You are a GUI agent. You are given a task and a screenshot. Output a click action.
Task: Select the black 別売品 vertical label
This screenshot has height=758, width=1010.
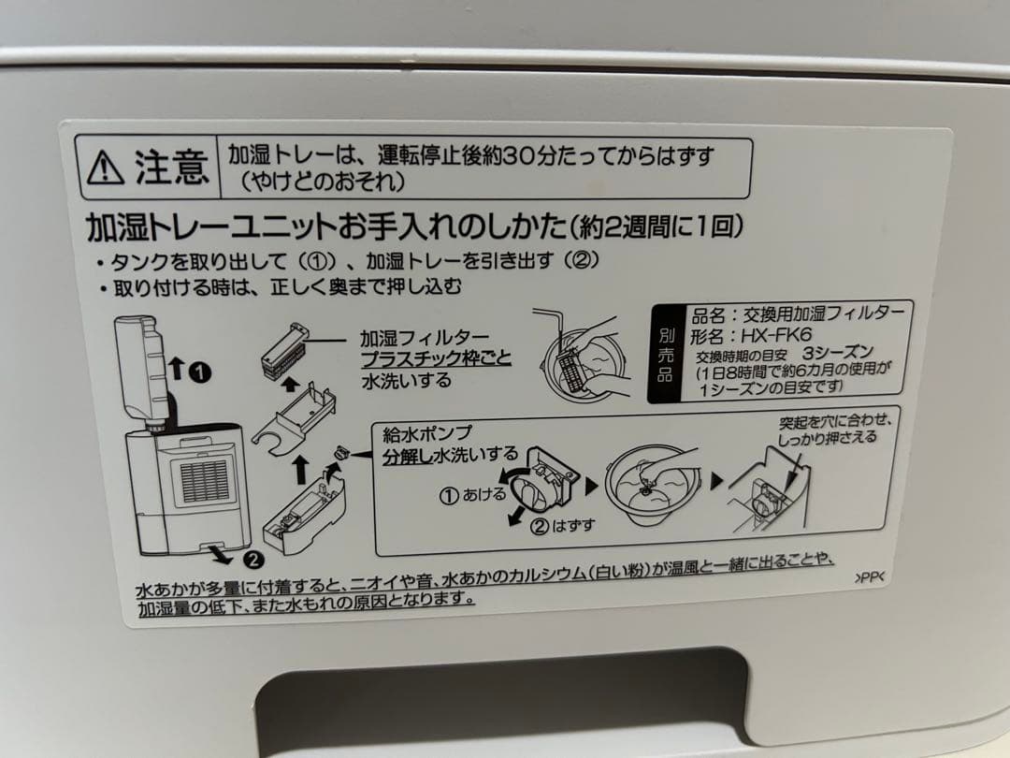click(x=665, y=357)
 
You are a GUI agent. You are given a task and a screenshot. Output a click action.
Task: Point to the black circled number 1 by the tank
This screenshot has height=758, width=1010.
click(x=198, y=372)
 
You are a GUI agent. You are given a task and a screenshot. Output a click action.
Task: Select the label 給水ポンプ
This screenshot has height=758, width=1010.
click(x=428, y=433)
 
